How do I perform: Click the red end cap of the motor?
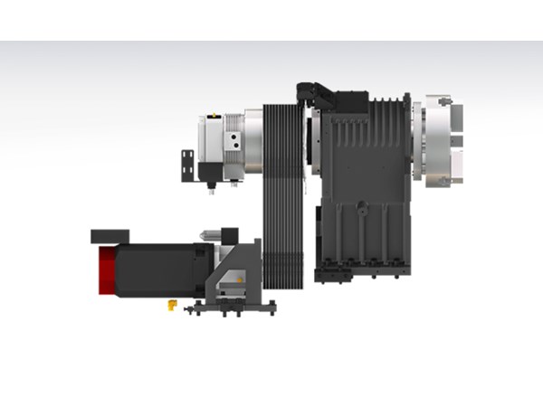104,270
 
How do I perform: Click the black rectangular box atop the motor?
110,235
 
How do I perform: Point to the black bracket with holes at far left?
187,163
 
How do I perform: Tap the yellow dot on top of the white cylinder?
211,116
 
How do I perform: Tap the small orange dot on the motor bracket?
239,280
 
